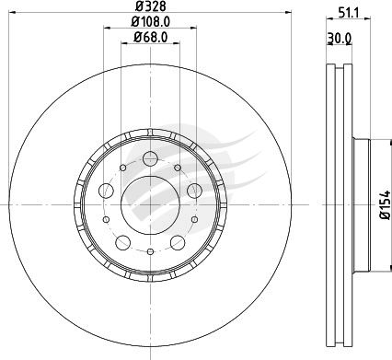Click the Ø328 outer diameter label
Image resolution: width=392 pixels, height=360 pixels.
coord(150,6)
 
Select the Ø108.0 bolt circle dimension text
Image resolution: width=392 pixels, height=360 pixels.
coord(150,22)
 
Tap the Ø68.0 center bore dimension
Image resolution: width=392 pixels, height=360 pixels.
coord(150,38)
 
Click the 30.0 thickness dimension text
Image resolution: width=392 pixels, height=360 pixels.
coord(340,39)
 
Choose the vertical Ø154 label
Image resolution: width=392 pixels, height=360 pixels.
coord(385,205)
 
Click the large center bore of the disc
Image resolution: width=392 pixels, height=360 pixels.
coord(150,205)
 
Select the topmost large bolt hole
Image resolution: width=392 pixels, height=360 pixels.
coord(150,159)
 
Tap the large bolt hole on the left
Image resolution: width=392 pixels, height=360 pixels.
coord(106,191)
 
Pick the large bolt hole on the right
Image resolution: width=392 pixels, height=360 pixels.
coord(194,191)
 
